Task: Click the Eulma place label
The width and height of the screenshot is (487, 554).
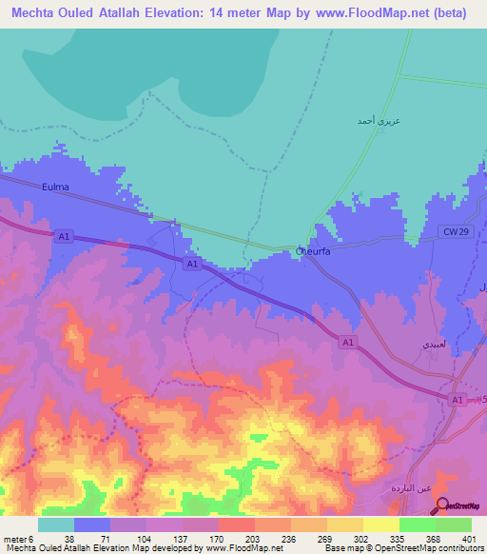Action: (56, 188)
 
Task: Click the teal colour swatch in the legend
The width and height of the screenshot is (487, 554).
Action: (56, 524)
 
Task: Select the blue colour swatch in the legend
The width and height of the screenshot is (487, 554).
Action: (92, 524)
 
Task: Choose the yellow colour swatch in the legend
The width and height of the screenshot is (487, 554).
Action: (381, 524)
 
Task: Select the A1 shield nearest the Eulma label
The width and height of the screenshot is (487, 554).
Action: (64, 236)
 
